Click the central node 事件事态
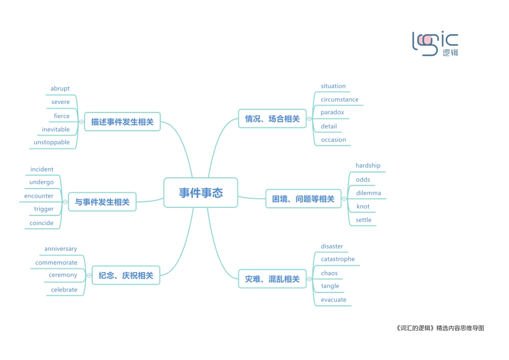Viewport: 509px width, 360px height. tap(200, 193)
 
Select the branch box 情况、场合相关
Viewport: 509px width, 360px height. tap(272, 119)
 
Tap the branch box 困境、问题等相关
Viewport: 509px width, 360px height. tap(303, 199)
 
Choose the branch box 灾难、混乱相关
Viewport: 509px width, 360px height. tap(272, 279)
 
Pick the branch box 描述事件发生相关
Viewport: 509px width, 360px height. tap(122, 122)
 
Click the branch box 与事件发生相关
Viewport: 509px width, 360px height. tap(102, 202)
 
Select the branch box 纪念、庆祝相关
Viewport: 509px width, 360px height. tap(126, 276)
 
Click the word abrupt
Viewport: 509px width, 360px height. tap(60, 89)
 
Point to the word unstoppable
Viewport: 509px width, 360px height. tap(52, 142)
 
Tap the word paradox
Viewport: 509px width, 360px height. tap(332, 112)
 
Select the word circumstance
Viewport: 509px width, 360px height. tap(340, 100)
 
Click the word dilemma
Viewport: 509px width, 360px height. tap(369, 193)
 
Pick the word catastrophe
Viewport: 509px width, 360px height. tap(338, 259)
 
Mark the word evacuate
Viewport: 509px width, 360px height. tap(333, 300)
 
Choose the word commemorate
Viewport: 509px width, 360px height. tap(56, 263)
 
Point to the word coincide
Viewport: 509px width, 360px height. tap(42, 223)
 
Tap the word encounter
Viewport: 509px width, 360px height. tap(39, 196)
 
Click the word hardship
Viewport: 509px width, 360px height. tap(368, 166)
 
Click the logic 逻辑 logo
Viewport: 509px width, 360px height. tap(435, 44)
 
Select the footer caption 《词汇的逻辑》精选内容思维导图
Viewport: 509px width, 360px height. tap(438, 328)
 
